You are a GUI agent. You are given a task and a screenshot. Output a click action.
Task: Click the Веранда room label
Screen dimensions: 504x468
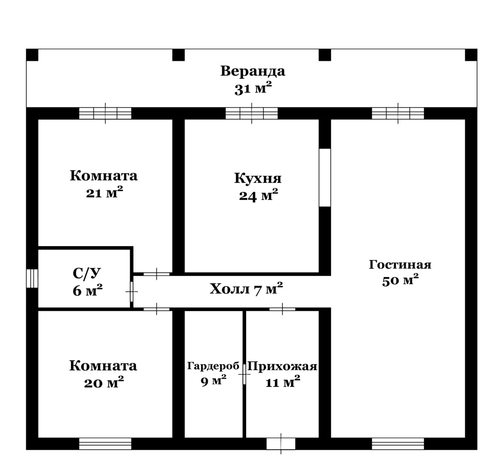click(x=253, y=71)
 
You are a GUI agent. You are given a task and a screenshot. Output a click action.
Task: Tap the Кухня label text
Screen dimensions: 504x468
click(x=258, y=178)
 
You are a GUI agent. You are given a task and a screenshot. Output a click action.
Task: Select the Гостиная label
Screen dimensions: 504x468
click(x=400, y=265)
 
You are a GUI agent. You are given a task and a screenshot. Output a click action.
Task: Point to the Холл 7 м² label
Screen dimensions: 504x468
click(x=246, y=289)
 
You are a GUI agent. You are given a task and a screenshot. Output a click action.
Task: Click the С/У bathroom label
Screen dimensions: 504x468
click(x=87, y=273)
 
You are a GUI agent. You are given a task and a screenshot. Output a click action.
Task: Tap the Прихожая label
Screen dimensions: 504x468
click(x=282, y=366)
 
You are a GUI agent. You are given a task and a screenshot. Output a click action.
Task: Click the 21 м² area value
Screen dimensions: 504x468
click(x=104, y=192)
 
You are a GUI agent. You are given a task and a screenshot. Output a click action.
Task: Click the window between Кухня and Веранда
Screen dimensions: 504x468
click(x=252, y=113)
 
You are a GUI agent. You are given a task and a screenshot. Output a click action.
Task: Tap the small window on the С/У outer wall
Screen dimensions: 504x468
click(x=32, y=278)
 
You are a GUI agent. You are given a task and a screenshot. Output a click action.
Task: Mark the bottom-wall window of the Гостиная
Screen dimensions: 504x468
click(x=398, y=443)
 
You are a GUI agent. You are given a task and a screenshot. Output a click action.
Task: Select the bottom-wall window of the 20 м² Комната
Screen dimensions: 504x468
click(x=105, y=443)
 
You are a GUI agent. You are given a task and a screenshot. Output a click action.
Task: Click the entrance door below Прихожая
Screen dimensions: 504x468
click(x=281, y=444)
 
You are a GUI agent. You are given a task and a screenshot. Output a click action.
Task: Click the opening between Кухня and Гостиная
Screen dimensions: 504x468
click(x=325, y=178)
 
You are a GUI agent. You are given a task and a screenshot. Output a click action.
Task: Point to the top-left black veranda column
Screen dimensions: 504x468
click(x=32, y=55)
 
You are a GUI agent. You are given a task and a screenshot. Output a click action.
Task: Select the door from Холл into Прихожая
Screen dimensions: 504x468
click(x=282, y=309)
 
